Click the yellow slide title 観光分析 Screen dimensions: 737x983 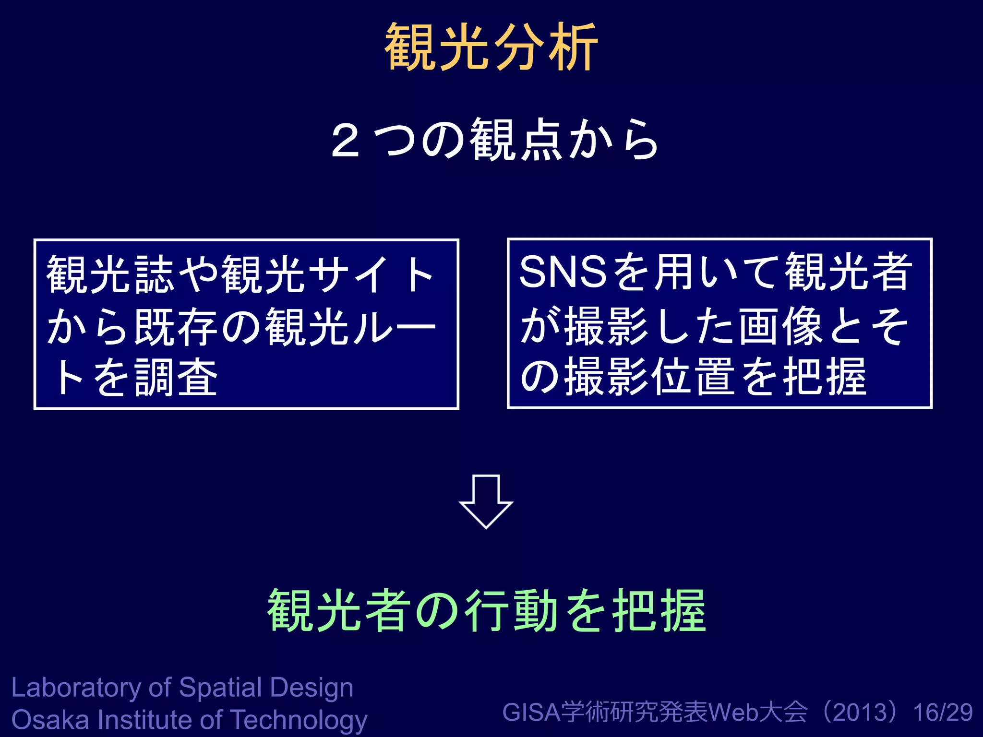click(x=491, y=47)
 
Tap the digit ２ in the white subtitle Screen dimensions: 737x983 click(x=345, y=140)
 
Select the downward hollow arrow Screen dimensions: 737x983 click(x=486, y=501)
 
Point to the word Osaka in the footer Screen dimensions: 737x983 click(x=50, y=720)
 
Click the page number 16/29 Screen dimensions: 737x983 click(x=943, y=713)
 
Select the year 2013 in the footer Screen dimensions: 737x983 click(x=862, y=713)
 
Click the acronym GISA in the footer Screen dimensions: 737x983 click(x=531, y=713)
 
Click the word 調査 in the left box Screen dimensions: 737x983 click(x=177, y=378)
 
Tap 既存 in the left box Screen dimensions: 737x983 click(x=176, y=326)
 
